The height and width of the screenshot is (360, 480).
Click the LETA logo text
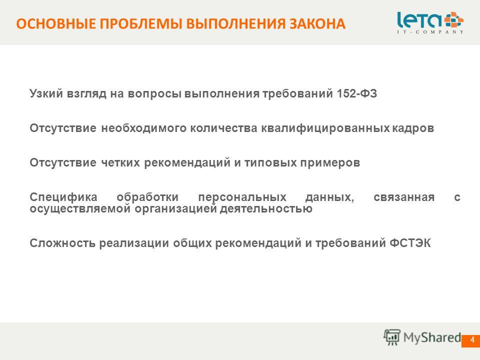pos(419,20)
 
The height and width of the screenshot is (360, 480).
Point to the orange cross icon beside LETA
pos(454,20)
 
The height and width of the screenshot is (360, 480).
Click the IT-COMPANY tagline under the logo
pos(430,32)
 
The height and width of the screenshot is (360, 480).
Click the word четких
pos(120,162)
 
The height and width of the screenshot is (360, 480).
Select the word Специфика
pos(63,197)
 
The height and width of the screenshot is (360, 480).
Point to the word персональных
pos(242,197)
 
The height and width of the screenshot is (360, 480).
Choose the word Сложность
pos(62,243)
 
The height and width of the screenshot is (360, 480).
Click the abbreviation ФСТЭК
pos(410,243)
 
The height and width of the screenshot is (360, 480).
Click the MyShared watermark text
pos(432,337)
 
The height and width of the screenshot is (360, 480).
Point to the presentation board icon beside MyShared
pos(392,337)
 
